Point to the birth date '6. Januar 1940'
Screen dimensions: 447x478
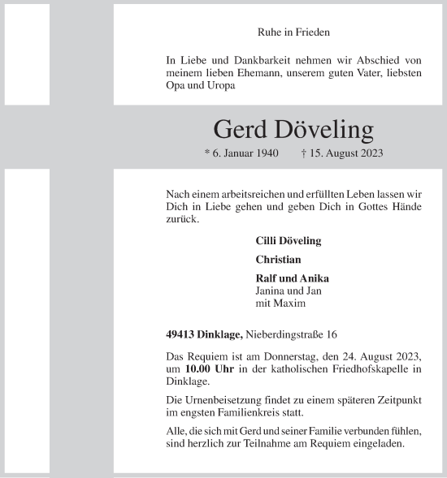coord(245,153)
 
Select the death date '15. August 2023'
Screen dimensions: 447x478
coord(345,153)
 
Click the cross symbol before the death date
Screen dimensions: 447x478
coord(303,153)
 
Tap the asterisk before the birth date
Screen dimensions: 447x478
coord(207,153)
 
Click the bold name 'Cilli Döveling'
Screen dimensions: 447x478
coord(289,241)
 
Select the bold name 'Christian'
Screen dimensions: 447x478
coord(278,260)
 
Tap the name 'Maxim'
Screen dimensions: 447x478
coord(291,304)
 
